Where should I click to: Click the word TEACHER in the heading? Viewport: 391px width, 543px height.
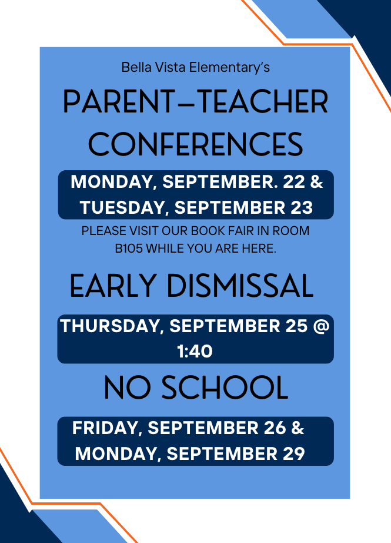264,101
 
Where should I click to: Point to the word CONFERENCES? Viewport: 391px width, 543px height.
196,144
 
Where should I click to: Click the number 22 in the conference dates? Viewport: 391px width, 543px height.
294,182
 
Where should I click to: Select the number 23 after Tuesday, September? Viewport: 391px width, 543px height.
302,207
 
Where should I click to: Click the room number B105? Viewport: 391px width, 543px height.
129,249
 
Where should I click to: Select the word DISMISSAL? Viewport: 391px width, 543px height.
240,286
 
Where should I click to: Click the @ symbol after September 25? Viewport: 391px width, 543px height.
321,326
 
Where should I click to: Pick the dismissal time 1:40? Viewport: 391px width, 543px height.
195,351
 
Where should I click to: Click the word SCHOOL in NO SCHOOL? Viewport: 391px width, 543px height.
225,387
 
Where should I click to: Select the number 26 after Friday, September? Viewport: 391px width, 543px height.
275,428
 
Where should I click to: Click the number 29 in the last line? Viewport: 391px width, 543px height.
294,453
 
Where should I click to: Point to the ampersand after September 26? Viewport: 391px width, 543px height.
298,428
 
